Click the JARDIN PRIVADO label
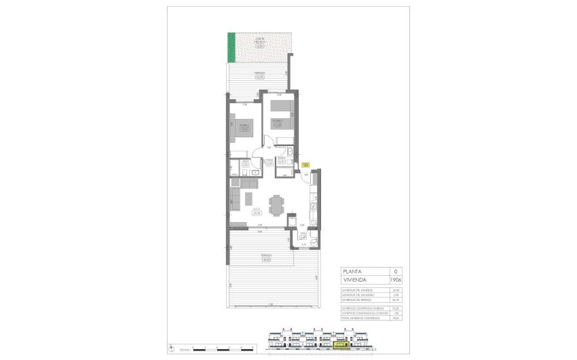click(260, 41)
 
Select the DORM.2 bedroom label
click(277, 123)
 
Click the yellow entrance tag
click(306, 164)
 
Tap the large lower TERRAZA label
click(267, 257)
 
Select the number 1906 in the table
click(395, 279)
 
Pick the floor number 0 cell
click(395, 271)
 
